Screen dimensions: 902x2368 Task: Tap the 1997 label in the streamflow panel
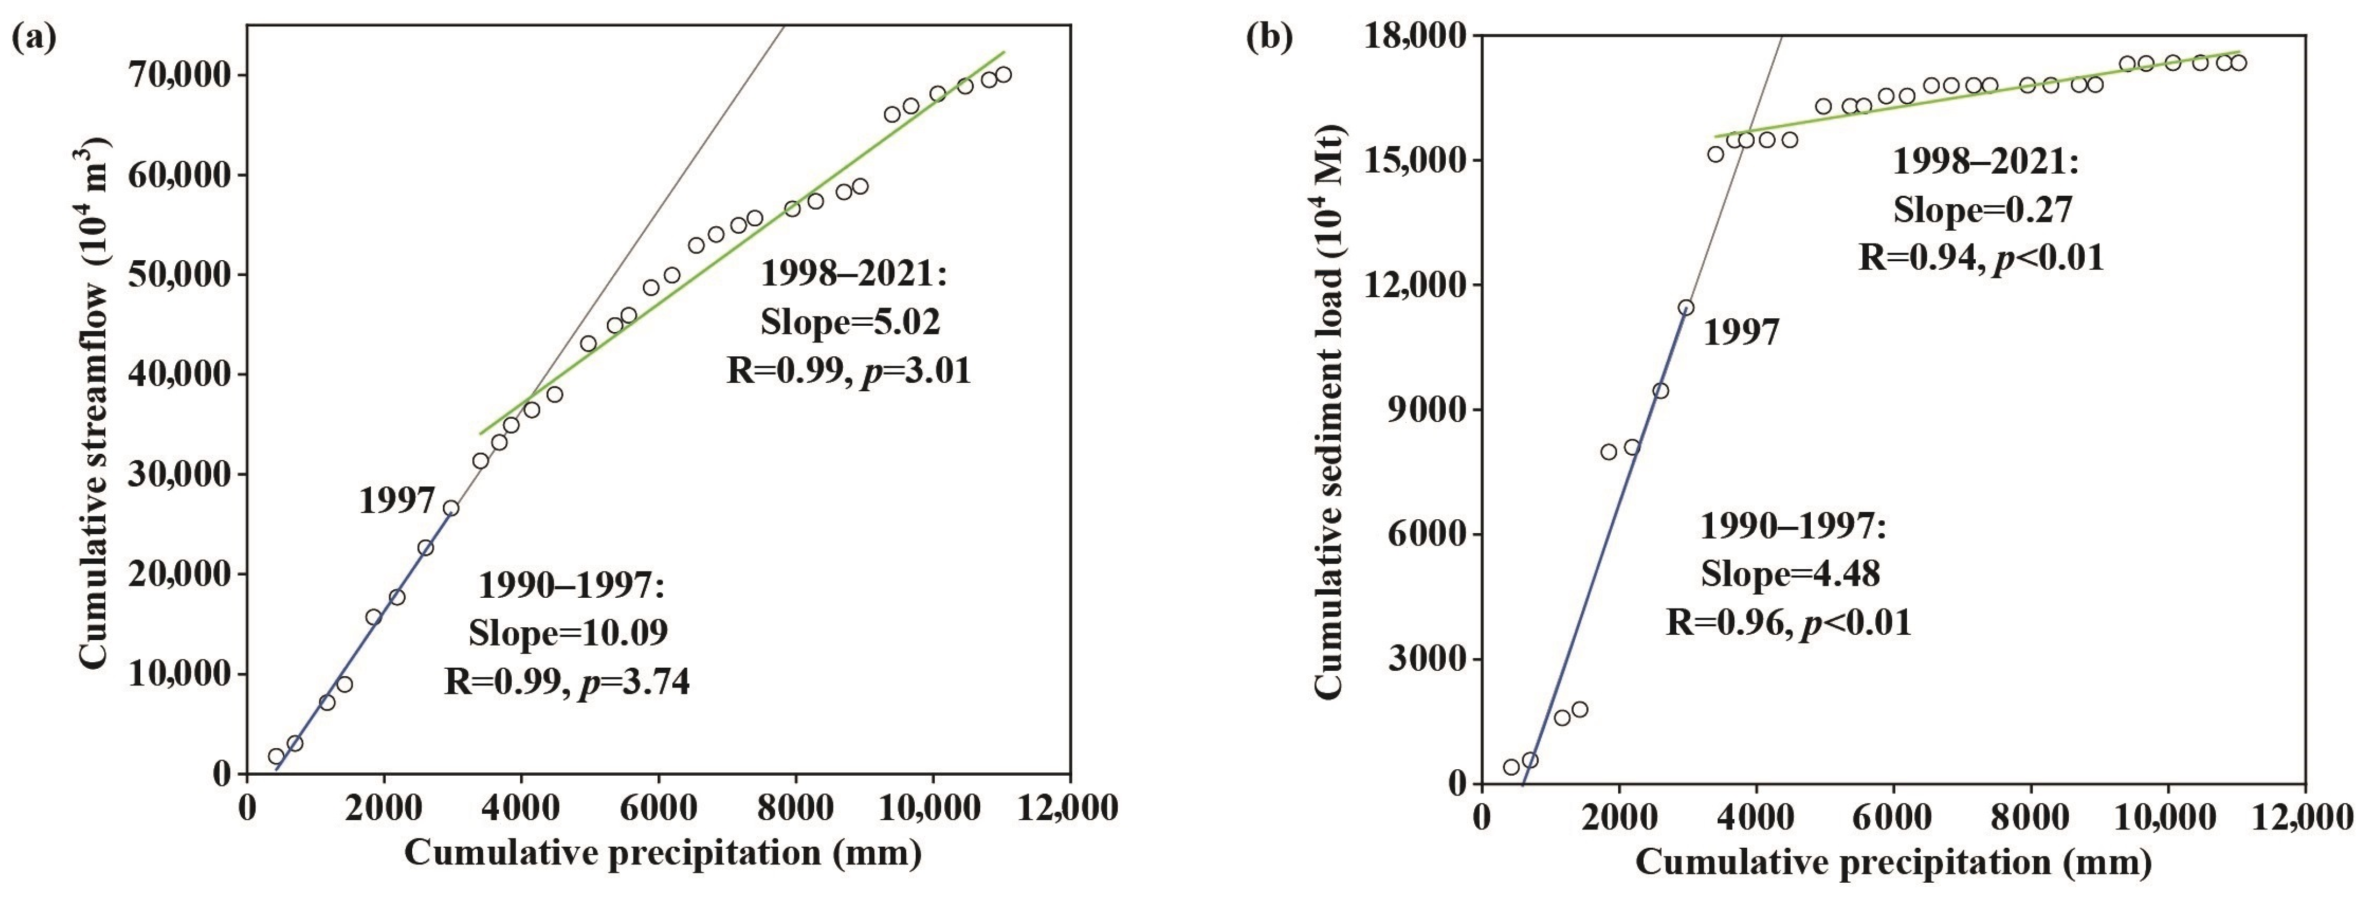pyautogui.click(x=396, y=501)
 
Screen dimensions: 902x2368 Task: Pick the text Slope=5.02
pyautogui.click(x=850, y=322)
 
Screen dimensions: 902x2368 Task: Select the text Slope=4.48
pyautogui.click(x=1790, y=574)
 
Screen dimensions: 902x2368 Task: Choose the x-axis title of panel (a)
pyautogui.click(x=662, y=853)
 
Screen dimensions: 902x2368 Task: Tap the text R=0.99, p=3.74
pyautogui.click(x=567, y=681)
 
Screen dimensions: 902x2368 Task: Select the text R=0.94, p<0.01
pyautogui.click(x=1981, y=257)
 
